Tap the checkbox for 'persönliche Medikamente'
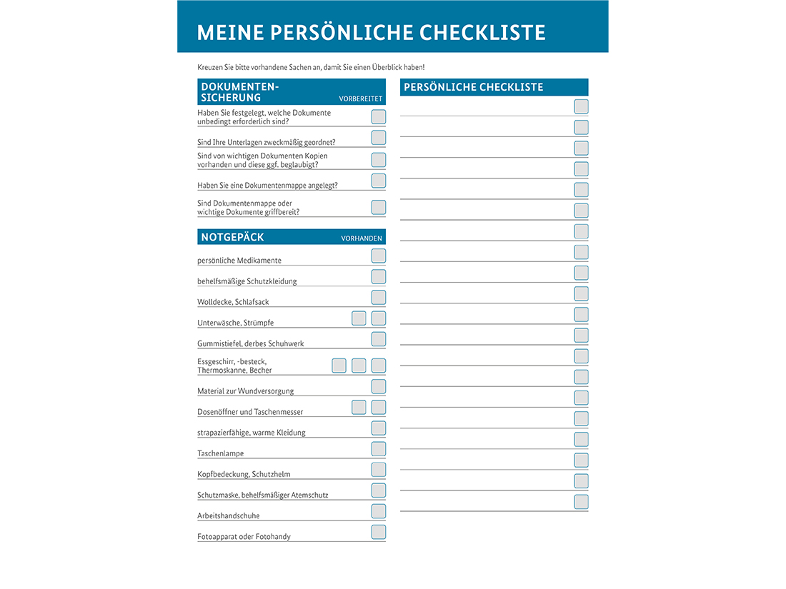(x=379, y=256)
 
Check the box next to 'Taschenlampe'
(x=379, y=449)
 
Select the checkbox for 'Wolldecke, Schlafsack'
(x=379, y=297)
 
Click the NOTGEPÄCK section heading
(x=232, y=237)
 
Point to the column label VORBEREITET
(x=361, y=99)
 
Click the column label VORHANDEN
(x=362, y=238)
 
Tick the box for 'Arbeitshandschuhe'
(x=379, y=511)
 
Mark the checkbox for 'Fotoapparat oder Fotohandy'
(x=379, y=532)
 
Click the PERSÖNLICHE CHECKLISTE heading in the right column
(x=474, y=87)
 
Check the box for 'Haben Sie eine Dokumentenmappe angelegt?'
(x=379, y=181)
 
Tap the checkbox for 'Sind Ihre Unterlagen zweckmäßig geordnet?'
(x=379, y=138)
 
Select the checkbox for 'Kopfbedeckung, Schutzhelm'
(x=379, y=470)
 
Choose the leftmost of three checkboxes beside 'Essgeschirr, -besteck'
(x=339, y=366)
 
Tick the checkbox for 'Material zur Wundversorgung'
(x=379, y=386)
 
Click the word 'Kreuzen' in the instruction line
(x=210, y=67)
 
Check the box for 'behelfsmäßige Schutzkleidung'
(x=379, y=276)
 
